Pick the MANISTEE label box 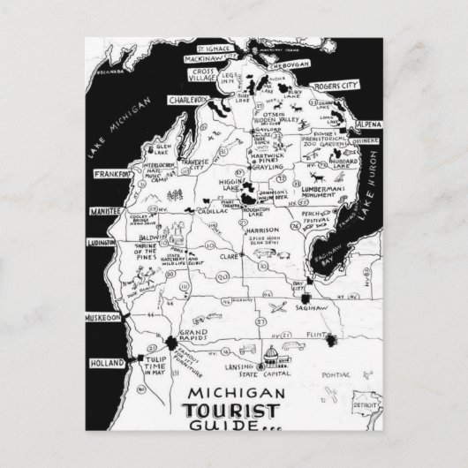click(x=108, y=213)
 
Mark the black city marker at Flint click(x=334, y=341)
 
